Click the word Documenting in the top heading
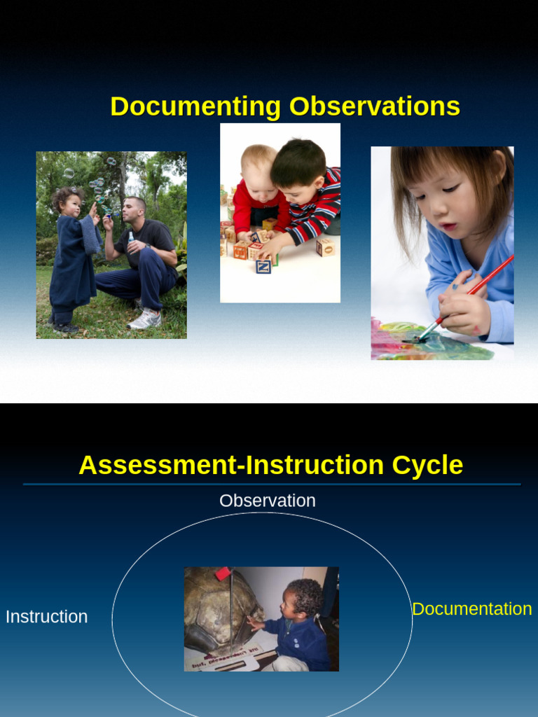[x=195, y=106]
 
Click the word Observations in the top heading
[x=375, y=106]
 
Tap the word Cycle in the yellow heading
[x=427, y=465]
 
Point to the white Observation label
[x=267, y=501]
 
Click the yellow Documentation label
[x=471, y=609]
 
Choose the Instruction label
[x=46, y=617]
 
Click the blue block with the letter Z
[x=263, y=266]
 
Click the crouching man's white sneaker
[x=145, y=320]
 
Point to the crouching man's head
[x=133, y=209]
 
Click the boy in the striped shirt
[x=305, y=193]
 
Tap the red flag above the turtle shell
[x=223, y=573]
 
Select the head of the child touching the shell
[x=303, y=599]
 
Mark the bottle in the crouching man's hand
[x=130, y=239]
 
